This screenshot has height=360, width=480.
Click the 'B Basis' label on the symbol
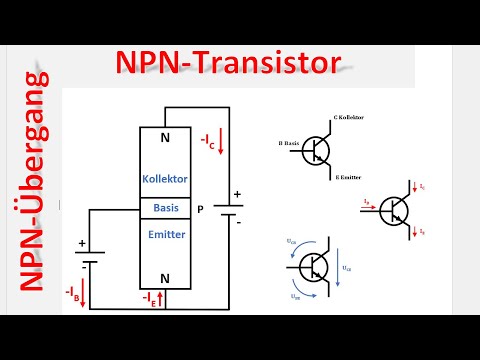coord(288,144)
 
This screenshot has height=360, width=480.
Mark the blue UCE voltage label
coord(347,269)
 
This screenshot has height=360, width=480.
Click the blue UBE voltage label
coord(295,297)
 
